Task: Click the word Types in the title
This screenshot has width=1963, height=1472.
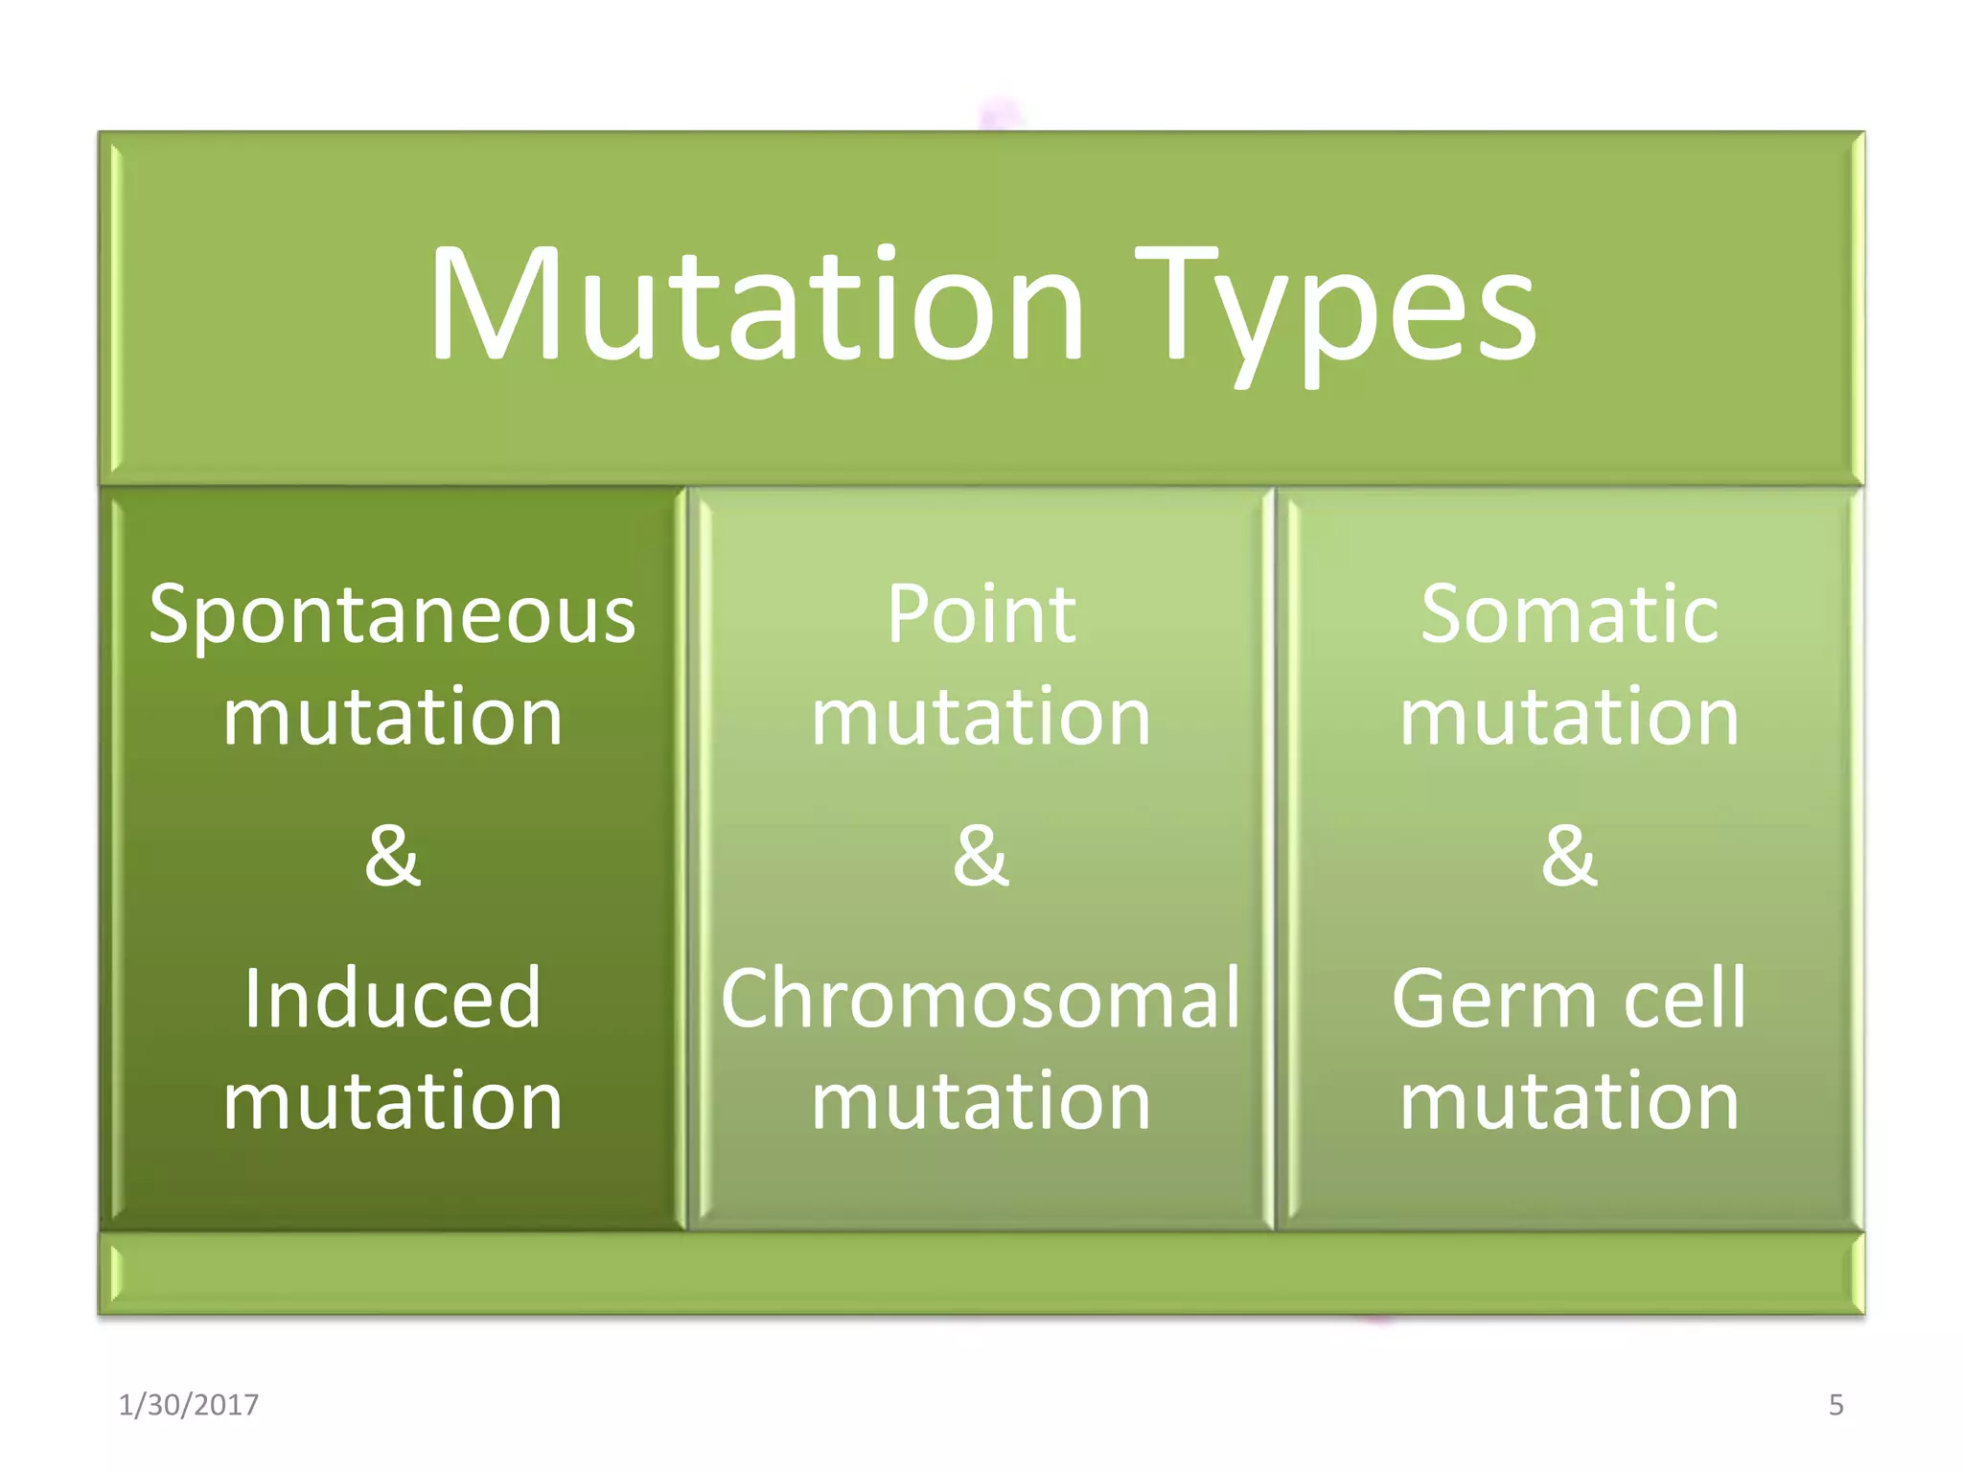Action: [x=1334, y=311]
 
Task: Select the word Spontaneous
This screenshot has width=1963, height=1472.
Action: [x=392, y=616]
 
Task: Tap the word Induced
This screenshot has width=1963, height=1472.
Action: [x=392, y=1000]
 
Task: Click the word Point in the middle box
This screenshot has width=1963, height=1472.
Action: [x=981, y=614]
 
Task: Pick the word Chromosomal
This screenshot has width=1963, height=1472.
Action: [x=981, y=1000]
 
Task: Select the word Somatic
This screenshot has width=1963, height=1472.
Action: [x=1569, y=614]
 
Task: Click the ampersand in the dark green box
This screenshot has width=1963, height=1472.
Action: [x=392, y=855]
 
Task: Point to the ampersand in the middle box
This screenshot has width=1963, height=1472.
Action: [x=981, y=855]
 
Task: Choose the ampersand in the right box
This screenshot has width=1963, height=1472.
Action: [x=1569, y=855]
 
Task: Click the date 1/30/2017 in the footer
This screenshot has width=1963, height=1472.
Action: [x=189, y=1405]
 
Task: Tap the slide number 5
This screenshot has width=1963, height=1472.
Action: [x=1836, y=1405]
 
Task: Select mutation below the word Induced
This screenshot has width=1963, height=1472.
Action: [x=392, y=1101]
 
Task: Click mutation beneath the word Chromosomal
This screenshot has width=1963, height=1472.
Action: [x=981, y=1101]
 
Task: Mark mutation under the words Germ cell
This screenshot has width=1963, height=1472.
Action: [x=1569, y=1101]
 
